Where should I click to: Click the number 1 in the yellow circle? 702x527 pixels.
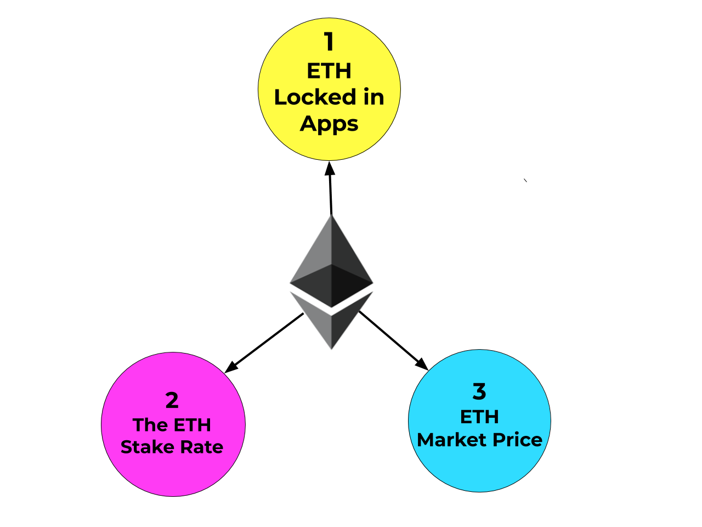329,42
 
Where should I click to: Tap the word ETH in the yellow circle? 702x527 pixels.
329,71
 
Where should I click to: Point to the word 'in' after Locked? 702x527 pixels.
373,97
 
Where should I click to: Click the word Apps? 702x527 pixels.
329,124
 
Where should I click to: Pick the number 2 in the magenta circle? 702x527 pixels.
172,400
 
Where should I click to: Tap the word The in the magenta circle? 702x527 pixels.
150,425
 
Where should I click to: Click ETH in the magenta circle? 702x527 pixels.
193,425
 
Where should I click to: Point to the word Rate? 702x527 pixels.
201,447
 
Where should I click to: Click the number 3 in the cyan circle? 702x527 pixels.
479,391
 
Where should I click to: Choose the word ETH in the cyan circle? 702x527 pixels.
479,417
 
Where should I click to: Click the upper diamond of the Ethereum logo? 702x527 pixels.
331,263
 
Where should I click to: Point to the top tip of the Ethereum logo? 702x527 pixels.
331,216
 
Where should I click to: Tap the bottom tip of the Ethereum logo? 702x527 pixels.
331,349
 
